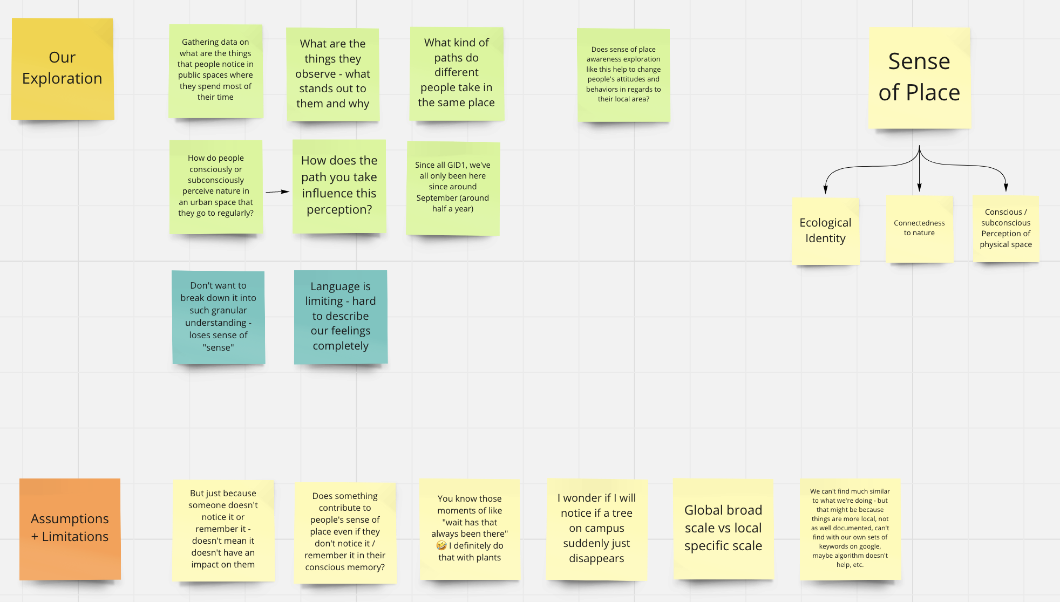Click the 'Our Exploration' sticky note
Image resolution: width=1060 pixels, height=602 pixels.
[62, 69]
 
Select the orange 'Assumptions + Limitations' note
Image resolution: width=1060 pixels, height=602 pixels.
[70, 528]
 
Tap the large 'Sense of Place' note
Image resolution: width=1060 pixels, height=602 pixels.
[919, 78]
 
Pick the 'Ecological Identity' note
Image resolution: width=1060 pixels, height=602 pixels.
[825, 230]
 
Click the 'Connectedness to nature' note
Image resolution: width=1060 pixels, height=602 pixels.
[919, 228]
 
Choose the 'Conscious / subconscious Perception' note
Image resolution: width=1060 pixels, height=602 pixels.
[1005, 228]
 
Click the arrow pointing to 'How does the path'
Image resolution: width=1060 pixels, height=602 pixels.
[277, 191]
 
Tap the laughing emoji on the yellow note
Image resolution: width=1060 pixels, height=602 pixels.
[441, 545]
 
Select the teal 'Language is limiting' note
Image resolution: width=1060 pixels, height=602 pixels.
[341, 316]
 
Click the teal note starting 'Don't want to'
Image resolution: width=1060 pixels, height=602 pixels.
[218, 317]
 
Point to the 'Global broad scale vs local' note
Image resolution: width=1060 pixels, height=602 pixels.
[723, 528]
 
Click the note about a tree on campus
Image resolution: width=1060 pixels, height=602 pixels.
[596, 528]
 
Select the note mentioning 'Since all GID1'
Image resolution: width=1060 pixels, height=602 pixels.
[453, 187]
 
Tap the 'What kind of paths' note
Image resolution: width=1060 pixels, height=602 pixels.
[457, 73]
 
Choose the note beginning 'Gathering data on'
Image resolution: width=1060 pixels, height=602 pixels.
[215, 70]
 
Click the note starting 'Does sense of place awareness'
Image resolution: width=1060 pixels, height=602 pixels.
[623, 74]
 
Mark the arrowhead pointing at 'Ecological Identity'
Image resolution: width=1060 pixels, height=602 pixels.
[825, 189]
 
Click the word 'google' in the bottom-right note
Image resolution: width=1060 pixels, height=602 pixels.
[869, 546]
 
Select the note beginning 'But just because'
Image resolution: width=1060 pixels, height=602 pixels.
[223, 529]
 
